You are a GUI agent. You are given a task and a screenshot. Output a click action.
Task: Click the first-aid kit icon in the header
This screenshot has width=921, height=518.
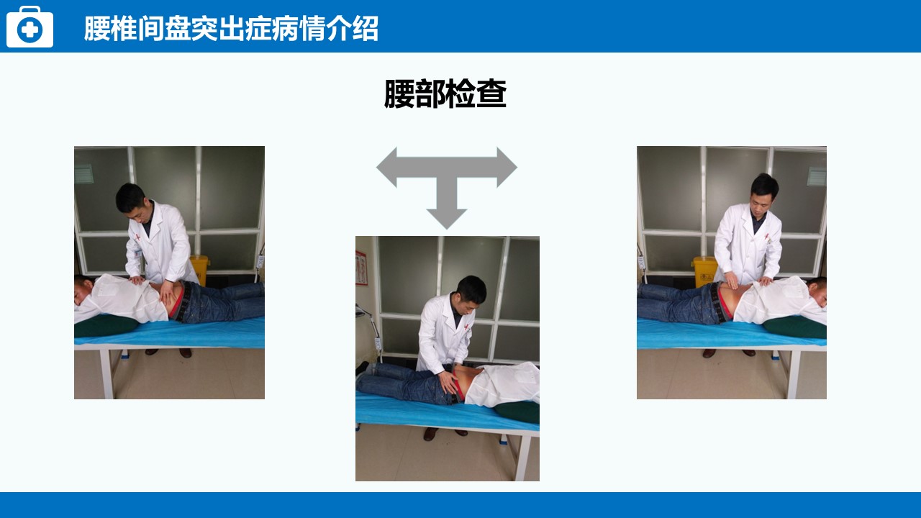tap(30, 27)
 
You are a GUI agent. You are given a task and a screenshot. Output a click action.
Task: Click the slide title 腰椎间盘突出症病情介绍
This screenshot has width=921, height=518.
tap(231, 29)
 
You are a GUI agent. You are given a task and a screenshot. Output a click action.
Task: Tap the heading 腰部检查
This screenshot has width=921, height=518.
tap(445, 94)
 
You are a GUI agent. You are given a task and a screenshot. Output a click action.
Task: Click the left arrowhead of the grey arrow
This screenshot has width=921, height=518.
tap(387, 168)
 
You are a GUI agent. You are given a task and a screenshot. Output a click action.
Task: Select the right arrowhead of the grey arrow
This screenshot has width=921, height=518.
tap(507, 168)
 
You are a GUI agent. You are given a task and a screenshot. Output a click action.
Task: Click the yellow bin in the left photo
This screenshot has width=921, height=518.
tap(199, 269)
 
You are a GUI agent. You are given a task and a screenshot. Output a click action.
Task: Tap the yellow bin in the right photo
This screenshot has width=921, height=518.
tap(704, 271)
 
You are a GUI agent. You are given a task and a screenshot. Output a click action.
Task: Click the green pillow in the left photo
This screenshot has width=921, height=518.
tap(106, 326)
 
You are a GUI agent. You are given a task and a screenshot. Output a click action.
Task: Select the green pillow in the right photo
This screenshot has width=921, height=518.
tap(795, 327)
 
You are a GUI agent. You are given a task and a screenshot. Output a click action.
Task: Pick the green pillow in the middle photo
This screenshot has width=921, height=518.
tap(517, 412)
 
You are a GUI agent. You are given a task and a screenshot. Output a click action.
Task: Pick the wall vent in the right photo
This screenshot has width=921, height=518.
tap(817, 176)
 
